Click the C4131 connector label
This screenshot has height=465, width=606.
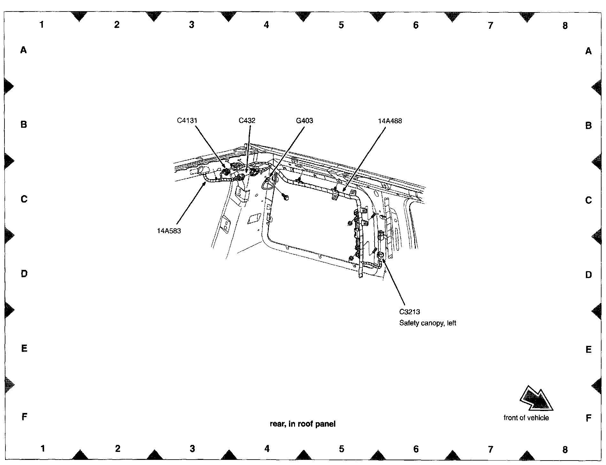tap(187, 120)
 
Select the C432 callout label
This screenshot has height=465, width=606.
tap(247, 120)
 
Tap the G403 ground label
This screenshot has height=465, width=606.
tap(304, 120)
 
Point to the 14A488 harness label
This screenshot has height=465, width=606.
tap(390, 121)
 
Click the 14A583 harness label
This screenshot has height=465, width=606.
tap(169, 231)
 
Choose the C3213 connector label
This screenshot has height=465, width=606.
tap(409, 312)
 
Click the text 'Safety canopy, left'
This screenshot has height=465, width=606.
tap(427, 323)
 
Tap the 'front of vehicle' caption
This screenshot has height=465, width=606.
tap(526, 418)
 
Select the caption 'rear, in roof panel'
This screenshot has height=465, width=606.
tap(303, 424)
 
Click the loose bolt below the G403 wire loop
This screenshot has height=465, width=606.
tap(285, 197)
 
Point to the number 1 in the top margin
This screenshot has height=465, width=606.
tap(42, 25)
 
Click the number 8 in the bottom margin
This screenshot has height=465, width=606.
tap(565, 449)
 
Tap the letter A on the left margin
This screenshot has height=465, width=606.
tap(23, 50)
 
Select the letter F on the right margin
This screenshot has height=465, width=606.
tap(588, 418)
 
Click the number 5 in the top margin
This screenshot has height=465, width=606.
tap(341, 25)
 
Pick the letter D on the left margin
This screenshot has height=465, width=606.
tap(24, 274)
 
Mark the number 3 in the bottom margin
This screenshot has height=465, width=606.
tap(192, 449)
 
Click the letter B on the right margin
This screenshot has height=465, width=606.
tap(588, 126)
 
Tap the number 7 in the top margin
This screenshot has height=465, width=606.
tap(490, 25)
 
